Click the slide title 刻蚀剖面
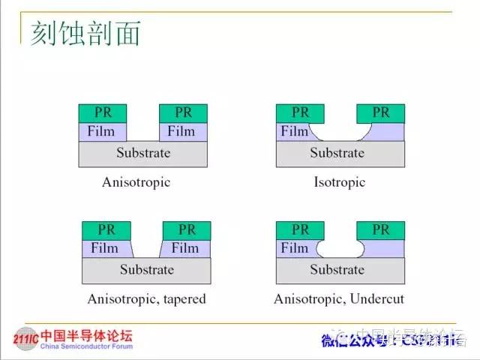(85, 34)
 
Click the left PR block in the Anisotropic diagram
(103, 112)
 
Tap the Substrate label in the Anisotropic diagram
(143, 153)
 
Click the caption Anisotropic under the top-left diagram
(136, 182)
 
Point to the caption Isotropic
(339, 182)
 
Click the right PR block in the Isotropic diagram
(380, 112)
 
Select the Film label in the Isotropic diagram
(295, 131)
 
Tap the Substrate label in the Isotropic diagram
(337, 153)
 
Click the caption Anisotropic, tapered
(146, 298)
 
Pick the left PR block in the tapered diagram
(105, 229)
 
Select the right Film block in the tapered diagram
(184, 248)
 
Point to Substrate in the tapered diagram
(146, 270)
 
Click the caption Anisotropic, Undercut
(339, 298)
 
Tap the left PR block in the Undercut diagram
(300, 229)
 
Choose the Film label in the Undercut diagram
(295, 248)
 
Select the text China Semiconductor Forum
(85, 346)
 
